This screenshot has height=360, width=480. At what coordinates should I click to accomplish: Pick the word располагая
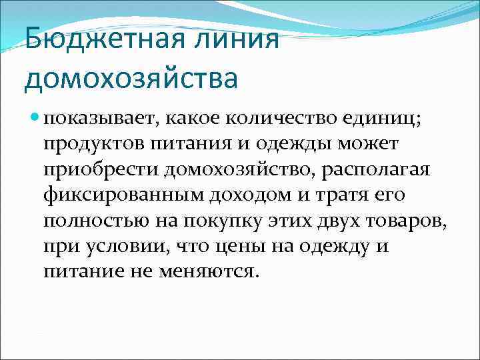point(378,171)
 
